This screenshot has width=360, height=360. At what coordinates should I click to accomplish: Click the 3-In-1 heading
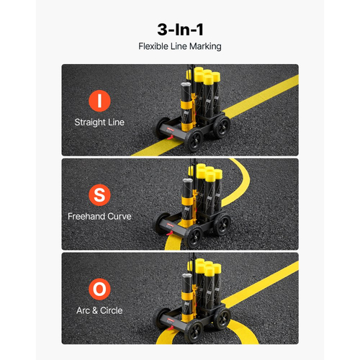pos(180,30)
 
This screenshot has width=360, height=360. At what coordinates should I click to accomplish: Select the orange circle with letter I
pos(99,101)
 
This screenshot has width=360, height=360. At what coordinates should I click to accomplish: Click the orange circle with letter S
pos(99,195)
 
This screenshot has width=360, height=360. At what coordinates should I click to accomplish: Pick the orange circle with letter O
pos(99,289)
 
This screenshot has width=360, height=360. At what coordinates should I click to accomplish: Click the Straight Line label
pos(99,122)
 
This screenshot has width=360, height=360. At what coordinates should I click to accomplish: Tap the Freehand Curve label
pos(99,216)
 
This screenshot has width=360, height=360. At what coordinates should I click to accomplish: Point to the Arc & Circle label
pos(99,310)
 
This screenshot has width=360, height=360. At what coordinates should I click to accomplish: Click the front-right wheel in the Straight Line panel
pos(194,141)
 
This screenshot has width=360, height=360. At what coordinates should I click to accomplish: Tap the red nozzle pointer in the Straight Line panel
pos(170,138)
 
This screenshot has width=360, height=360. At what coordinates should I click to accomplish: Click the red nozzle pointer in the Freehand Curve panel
pos(170,233)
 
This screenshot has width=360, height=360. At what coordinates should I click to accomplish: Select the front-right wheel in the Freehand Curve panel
pos(194,236)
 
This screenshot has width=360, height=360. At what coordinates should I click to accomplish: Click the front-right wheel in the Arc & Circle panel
pos(194,331)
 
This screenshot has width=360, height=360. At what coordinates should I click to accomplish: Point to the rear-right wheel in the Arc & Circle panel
pos(222,318)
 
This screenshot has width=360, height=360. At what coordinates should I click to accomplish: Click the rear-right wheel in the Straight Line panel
pos(222,127)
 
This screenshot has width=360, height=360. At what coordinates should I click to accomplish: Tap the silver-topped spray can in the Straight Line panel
pos(186,107)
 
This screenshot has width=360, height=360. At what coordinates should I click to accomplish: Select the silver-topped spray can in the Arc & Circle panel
pos(187,297)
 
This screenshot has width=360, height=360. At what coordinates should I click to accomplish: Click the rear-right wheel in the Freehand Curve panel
pos(222,224)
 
